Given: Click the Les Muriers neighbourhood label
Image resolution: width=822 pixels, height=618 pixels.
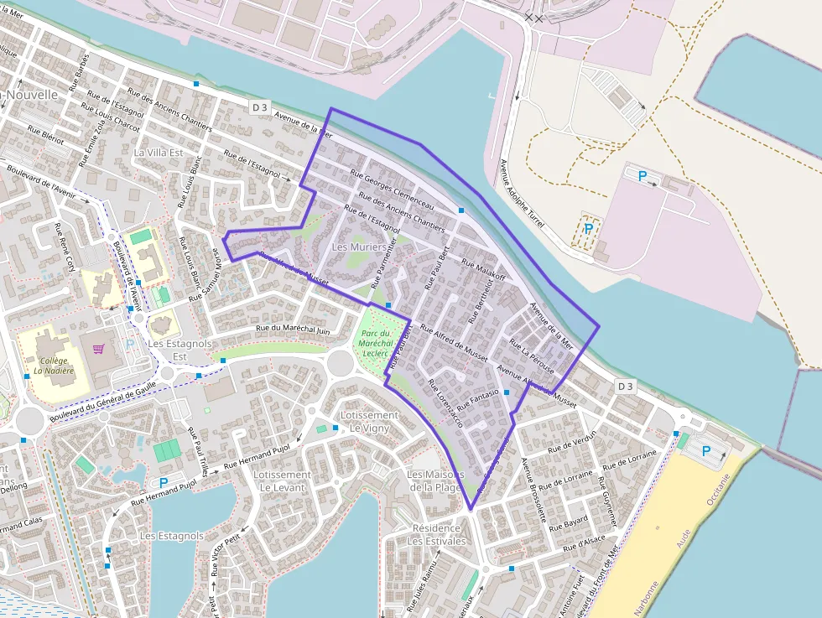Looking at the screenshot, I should click(x=359, y=247).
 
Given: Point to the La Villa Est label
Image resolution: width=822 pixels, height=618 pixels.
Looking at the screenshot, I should click(x=158, y=153).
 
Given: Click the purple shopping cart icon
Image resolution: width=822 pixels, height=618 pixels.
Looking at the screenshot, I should click(x=99, y=349).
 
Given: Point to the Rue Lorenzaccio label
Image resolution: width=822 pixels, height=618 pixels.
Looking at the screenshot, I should click(x=445, y=404).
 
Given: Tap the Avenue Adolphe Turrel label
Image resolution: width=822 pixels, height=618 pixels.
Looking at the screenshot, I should click(x=522, y=195).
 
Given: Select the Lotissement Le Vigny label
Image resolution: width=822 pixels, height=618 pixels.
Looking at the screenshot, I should click(x=370, y=421).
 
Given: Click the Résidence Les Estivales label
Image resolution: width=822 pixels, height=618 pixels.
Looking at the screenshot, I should click(x=436, y=535).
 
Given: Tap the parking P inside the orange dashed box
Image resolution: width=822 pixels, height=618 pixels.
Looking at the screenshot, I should click(x=588, y=228).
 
